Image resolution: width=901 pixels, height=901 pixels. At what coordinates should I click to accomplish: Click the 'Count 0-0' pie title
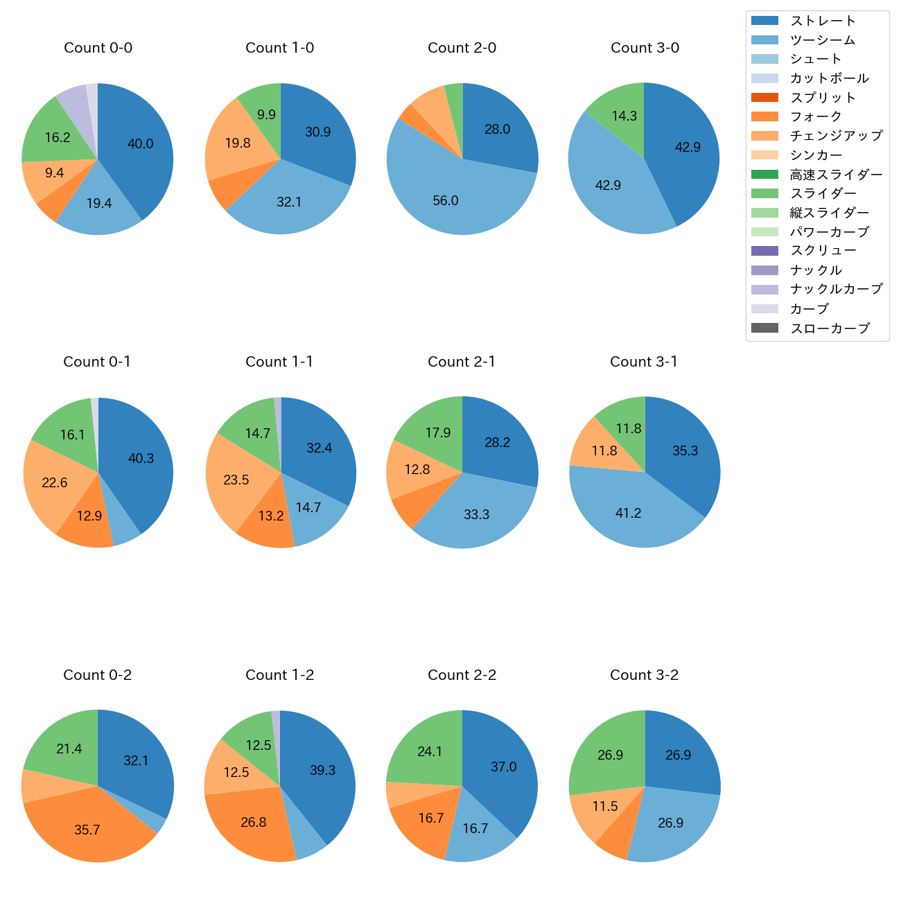pos(98,48)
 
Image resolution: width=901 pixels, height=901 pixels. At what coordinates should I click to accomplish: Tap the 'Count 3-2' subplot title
pos(644,675)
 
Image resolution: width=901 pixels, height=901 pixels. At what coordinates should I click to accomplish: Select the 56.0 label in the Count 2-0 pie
pos(446,201)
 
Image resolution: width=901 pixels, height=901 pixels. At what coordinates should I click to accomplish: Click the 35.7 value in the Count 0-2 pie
pos(87,830)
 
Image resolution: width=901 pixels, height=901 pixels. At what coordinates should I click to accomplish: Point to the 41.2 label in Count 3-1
pos(628,514)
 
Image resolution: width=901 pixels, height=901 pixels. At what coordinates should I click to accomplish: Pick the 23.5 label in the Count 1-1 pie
pos(236,480)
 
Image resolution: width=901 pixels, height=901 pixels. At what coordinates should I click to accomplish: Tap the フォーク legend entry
pos(816,116)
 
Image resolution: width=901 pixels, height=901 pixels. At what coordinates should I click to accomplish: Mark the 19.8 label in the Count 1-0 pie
pos(238,143)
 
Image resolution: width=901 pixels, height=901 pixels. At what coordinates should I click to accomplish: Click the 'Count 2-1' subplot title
pos(462,362)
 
